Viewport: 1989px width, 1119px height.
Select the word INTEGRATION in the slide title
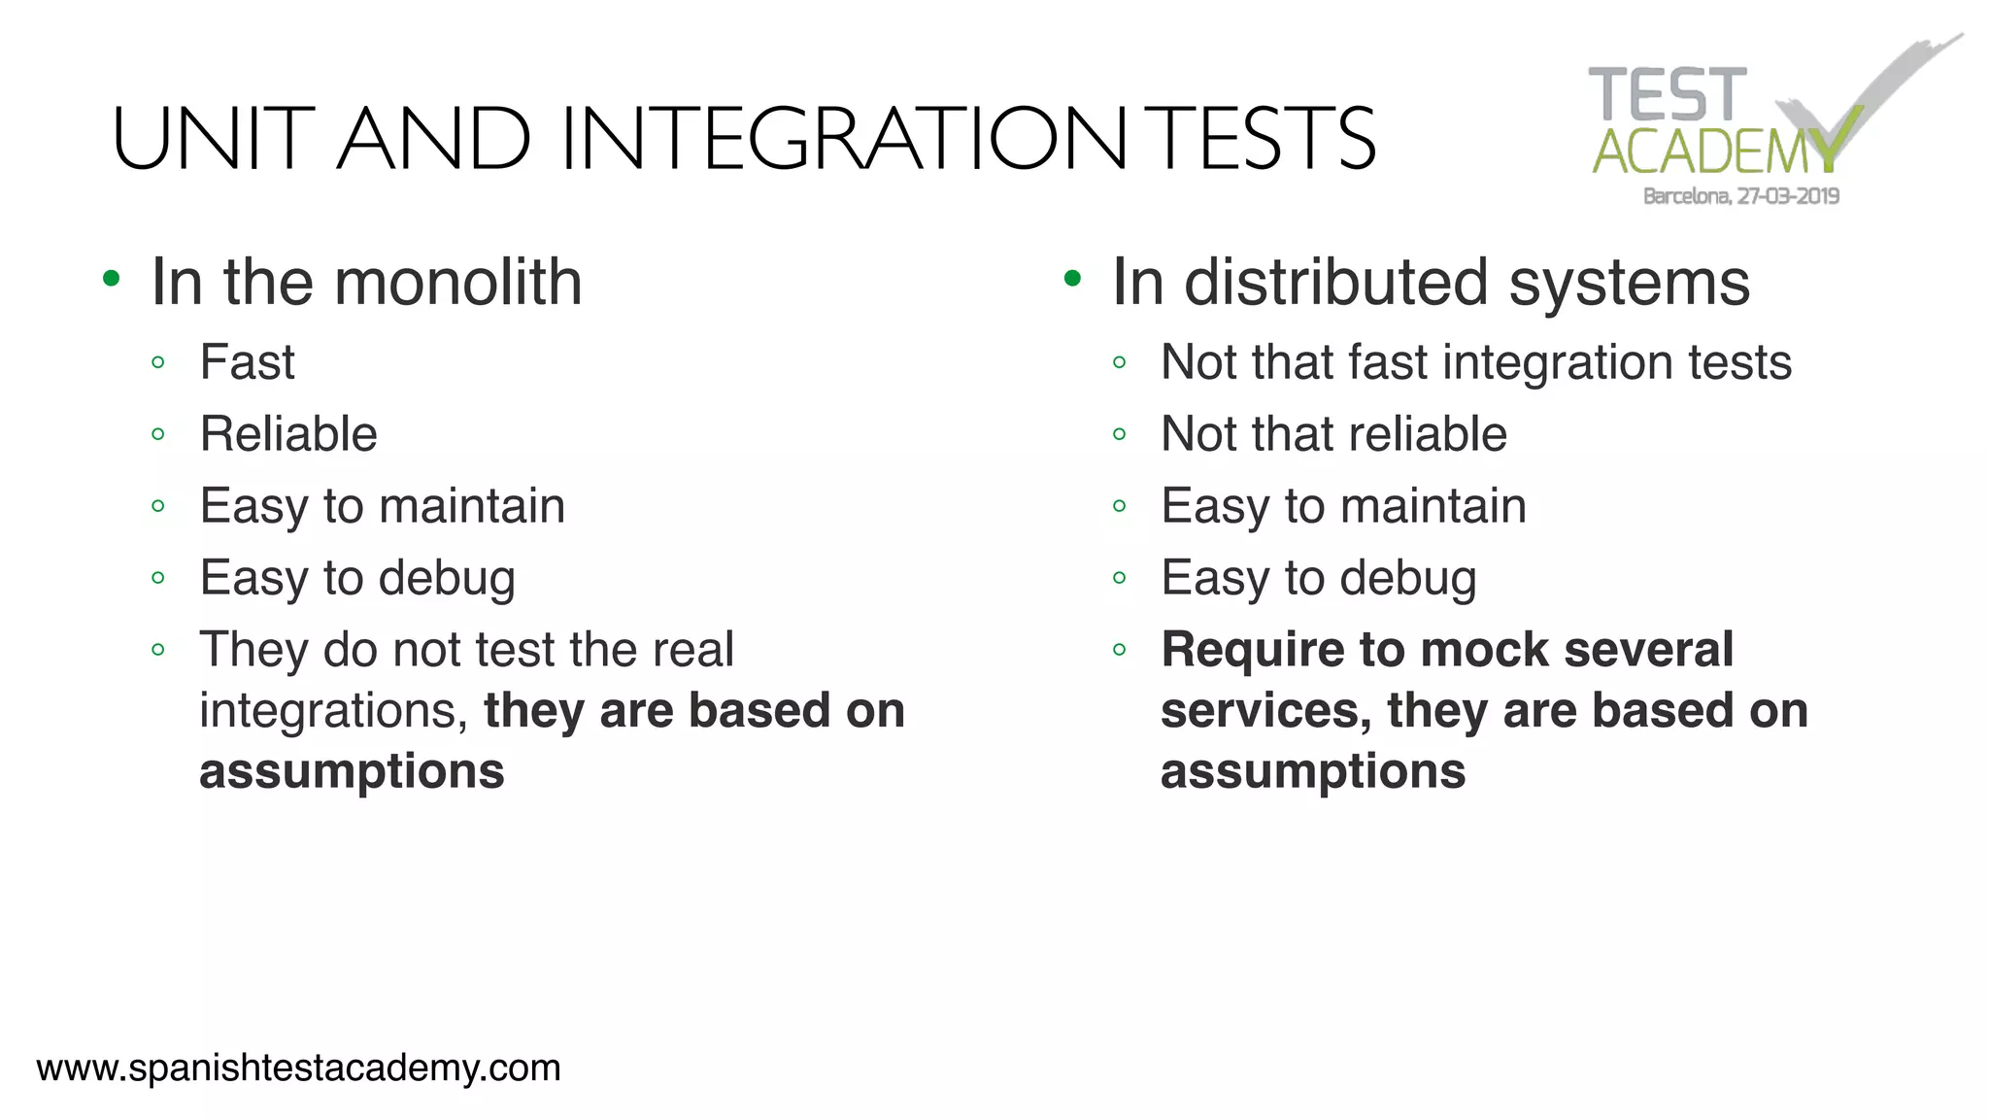(843, 139)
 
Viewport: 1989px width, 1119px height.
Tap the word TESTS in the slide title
(1264, 139)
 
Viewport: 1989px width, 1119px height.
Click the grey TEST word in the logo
(1667, 95)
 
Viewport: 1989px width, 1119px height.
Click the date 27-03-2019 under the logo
(1788, 196)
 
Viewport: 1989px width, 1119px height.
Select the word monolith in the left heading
(457, 283)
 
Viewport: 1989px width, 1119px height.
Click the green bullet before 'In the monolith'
(112, 280)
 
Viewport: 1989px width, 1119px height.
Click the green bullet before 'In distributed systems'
(1072, 280)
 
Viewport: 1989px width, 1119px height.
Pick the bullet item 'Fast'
(247, 362)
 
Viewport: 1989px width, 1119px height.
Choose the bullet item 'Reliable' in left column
(288, 434)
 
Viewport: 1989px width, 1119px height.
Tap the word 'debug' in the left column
(447, 579)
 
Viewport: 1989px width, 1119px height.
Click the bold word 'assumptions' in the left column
(352, 772)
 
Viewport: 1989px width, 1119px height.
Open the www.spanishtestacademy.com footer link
(298, 1068)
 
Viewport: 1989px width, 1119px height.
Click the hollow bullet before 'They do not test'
(158, 650)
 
